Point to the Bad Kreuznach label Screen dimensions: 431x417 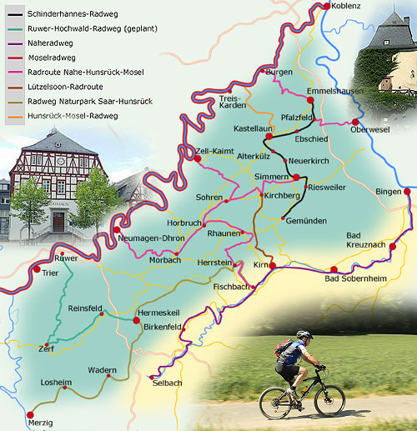click(x=364, y=241)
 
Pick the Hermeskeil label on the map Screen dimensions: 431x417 click(x=157, y=311)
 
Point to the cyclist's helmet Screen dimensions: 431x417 click(x=304, y=335)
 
